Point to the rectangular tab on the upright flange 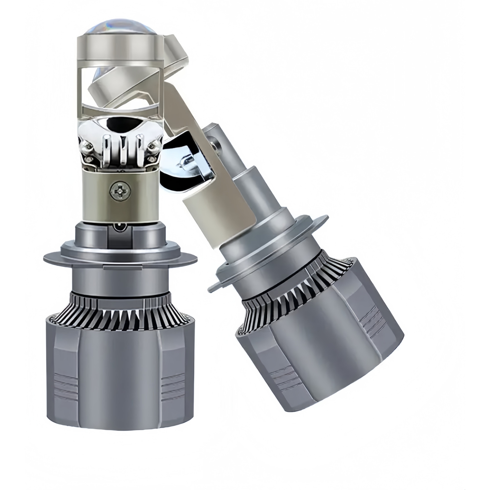pyautogui.click(x=119, y=268)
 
